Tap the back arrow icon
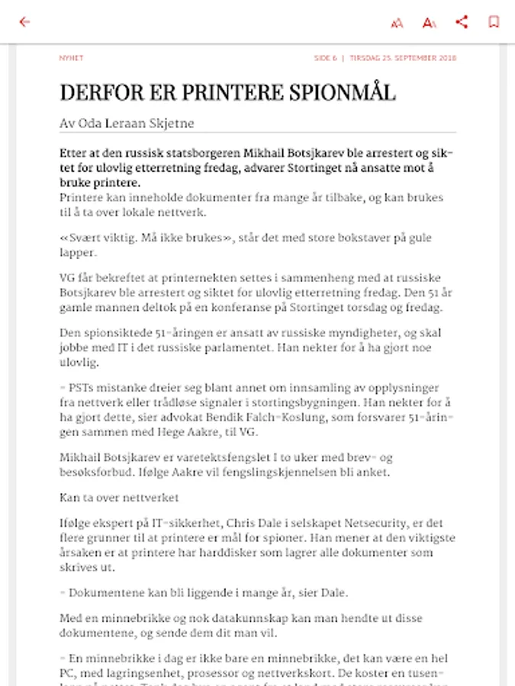(x=24, y=22)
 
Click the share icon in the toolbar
(x=462, y=22)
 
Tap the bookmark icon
(x=494, y=22)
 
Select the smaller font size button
(x=397, y=23)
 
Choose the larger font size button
(x=430, y=23)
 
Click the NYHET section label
(x=71, y=58)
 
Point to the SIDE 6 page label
(x=326, y=58)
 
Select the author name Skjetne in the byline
(x=174, y=123)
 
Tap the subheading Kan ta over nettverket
(x=119, y=498)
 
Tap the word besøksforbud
(x=96, y=472)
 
